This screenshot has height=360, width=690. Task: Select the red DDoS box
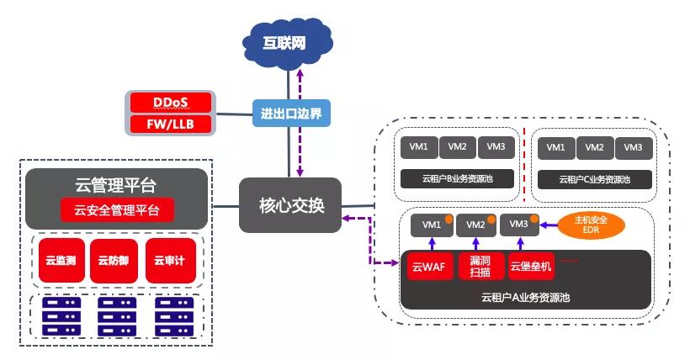(x=171, y=103)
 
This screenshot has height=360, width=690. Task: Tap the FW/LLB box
(x=171, y=124)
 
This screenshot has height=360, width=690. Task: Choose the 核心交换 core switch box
(x=290, y=205)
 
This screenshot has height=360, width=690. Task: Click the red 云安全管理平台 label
(x=117, y=210)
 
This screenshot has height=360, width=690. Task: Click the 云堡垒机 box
(x=530, y=268)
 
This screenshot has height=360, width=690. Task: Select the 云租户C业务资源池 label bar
(x=593, y=178)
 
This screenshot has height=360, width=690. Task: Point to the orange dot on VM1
(x=449, y=220)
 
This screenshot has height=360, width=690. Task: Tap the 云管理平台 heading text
(x=116, y=184)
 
